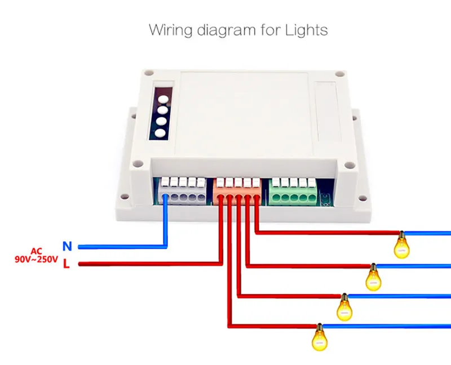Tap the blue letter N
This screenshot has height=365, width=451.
point(67,246)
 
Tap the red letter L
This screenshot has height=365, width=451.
point(67,264)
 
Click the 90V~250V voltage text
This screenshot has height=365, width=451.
point(36,260)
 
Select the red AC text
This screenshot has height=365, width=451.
point(36,251)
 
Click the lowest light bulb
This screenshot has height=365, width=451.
point(319,337)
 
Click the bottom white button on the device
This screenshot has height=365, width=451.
point(162,134)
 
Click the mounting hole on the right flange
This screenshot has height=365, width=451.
point(355,117)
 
